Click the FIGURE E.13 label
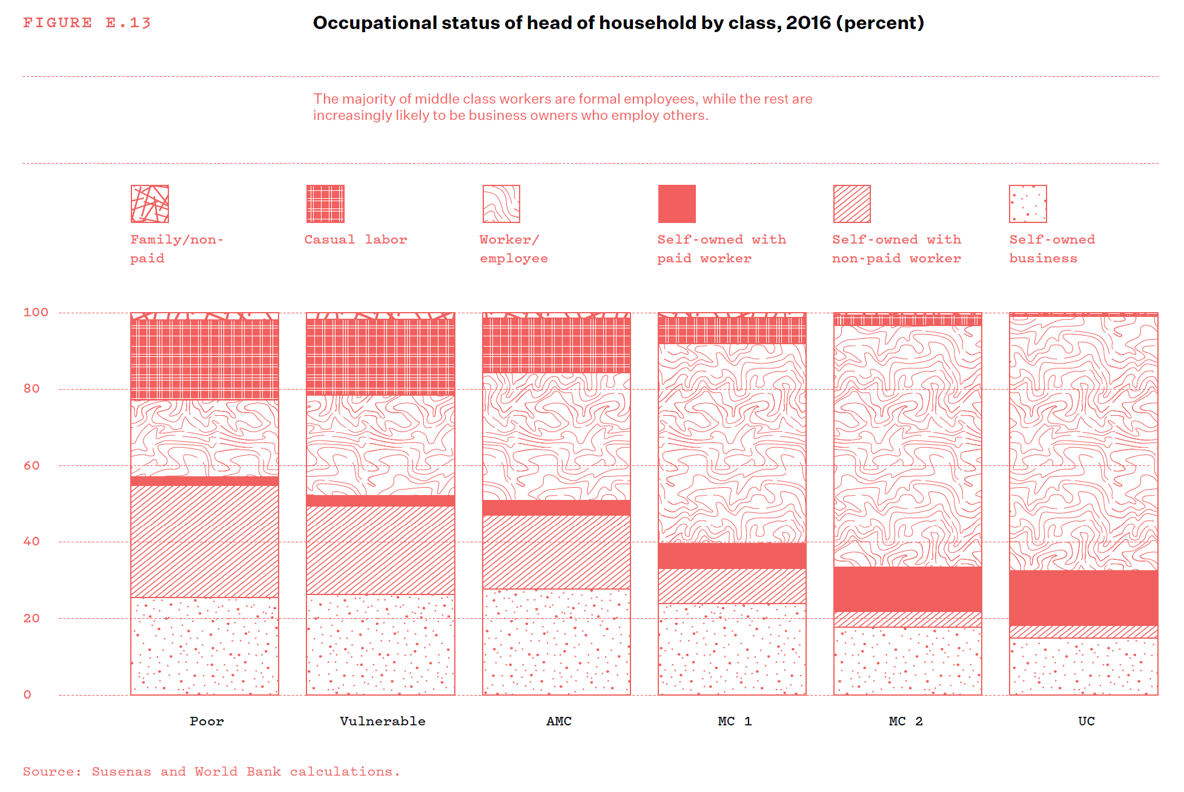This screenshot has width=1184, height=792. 87,23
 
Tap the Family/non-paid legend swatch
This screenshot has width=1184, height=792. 150,204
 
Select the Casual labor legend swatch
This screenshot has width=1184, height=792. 325,204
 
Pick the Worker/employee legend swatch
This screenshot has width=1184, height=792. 501,204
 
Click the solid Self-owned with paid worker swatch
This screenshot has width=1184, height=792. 676,204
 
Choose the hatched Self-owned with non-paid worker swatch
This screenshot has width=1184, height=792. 852,204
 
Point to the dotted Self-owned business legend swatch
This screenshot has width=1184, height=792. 1028,204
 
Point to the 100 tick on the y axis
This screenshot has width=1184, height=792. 36,313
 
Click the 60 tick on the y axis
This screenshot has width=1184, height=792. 31,466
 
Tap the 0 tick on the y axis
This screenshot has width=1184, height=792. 27,695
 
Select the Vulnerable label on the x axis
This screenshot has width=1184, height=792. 382,722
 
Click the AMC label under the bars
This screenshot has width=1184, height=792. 558,722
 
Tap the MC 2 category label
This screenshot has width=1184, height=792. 905,722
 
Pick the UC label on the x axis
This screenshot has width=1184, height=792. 1086,722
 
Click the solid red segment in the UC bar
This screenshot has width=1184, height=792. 1083,598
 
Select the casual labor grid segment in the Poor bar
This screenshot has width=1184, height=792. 205,359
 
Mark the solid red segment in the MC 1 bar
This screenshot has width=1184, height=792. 732,556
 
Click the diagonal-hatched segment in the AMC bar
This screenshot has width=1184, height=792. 556,552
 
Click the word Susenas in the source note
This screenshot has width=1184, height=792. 121,772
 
